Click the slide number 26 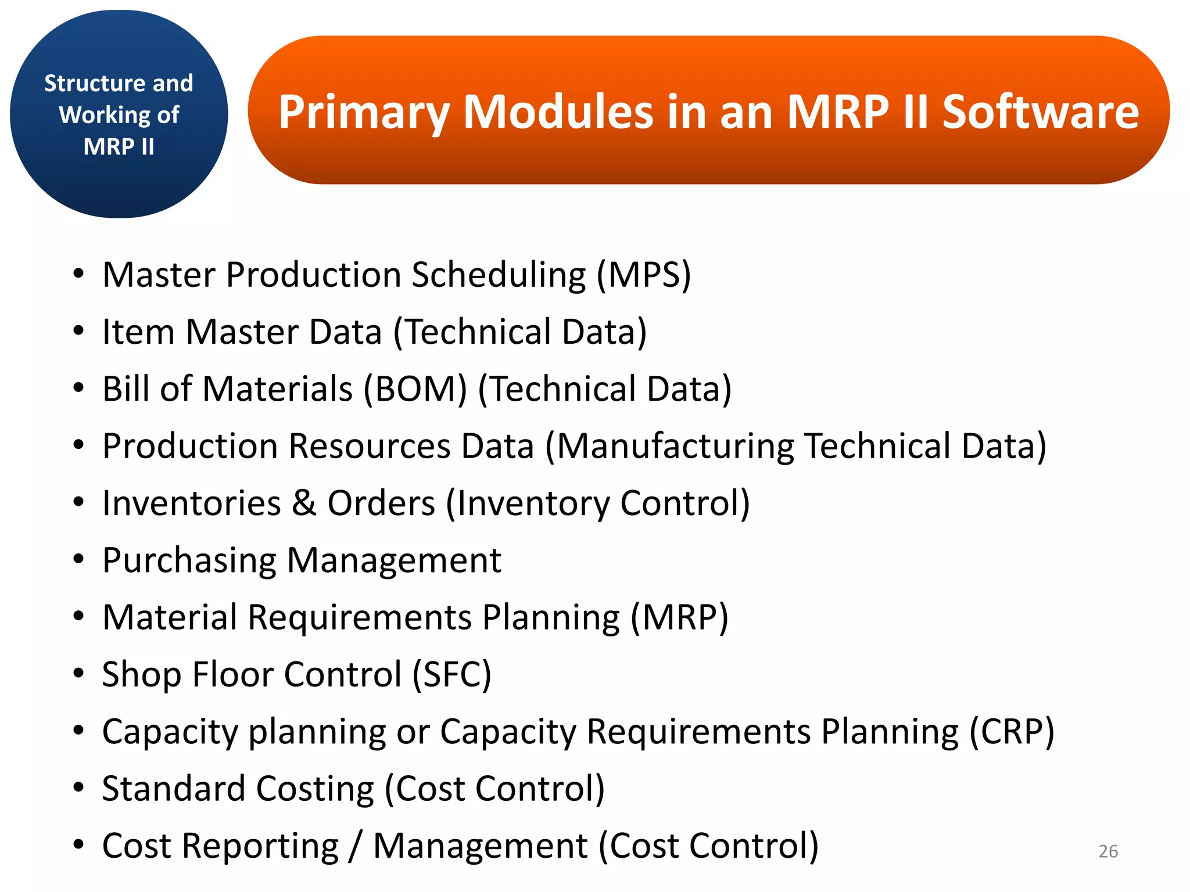1108,851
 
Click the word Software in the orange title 1040,111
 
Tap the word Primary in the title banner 364,111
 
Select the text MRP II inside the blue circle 119,146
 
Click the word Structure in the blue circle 87,84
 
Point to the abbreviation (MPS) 644,275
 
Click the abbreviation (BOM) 415,389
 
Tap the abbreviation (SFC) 451,674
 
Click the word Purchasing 189,561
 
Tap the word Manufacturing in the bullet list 675,447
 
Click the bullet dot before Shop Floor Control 78,674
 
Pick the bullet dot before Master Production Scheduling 78,274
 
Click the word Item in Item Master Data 138,332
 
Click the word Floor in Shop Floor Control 232,674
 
